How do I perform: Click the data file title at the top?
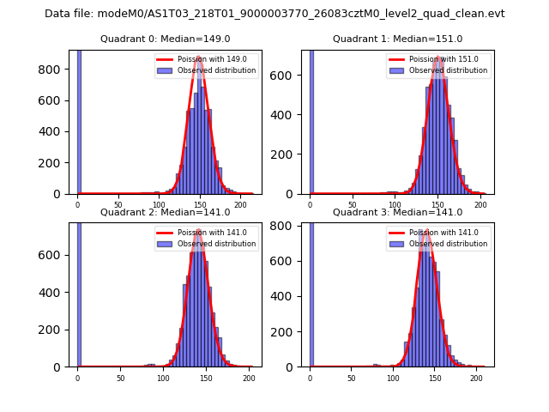point(274,14)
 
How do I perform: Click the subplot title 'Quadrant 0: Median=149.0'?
point(166,39)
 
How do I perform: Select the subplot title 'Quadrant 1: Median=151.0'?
point(397,39)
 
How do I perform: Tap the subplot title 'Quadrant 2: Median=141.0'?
point(166,212)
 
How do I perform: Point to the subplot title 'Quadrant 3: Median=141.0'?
point(397,212)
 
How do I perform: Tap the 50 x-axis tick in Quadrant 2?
point(120,378)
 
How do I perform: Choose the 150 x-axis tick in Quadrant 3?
point(434,378)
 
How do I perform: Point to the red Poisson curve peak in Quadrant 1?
point(438,58)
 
